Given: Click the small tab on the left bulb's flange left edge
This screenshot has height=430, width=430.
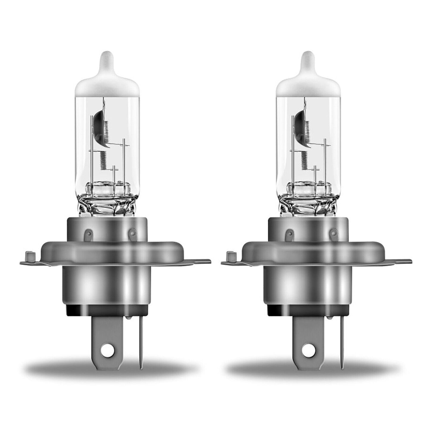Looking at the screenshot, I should (30, 256).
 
